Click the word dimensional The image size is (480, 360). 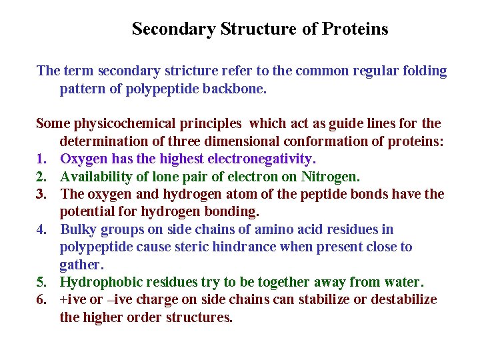(249, 141)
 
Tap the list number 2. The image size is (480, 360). (41, 177)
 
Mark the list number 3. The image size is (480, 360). (41, 194)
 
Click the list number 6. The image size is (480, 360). (41, 299)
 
